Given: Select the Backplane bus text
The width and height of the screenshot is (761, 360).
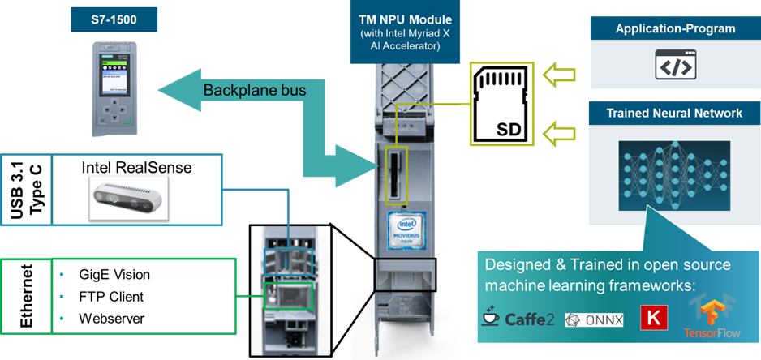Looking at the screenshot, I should [254, 90].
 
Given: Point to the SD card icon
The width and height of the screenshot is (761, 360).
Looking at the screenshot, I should [497, 102].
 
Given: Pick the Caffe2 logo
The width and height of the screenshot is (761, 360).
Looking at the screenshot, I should [518, 318].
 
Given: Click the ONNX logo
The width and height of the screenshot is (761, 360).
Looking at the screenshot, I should [594, 319].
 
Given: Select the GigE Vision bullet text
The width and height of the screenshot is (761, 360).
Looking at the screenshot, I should [114, 275].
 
